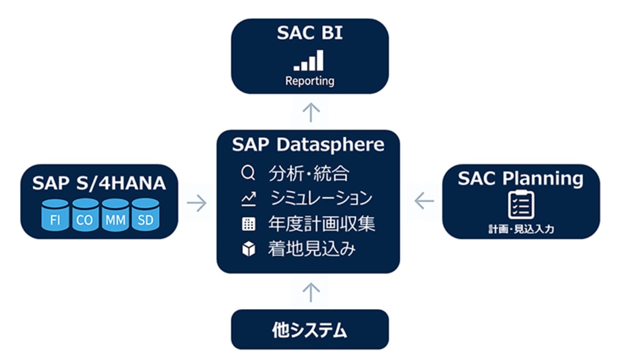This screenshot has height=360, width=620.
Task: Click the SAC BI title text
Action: point(309,33)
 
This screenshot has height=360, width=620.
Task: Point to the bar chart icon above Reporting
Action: point(309,61)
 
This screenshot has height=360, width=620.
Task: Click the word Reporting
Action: point(309,80)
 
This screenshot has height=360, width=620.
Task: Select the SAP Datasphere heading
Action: point(308,145)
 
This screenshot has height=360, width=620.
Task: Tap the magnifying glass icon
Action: point(248,174)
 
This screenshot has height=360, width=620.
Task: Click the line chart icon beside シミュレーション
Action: point(248,198)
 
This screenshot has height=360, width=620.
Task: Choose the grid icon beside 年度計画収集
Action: point(248,224)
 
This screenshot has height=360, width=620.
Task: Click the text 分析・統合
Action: point(309,174)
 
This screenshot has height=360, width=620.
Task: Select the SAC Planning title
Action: point(520,178)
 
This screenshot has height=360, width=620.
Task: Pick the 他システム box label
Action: point(309,330)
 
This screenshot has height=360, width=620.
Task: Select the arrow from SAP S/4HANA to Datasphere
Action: point(197,203)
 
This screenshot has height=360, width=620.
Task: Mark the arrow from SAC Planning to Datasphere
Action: point(424,200)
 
